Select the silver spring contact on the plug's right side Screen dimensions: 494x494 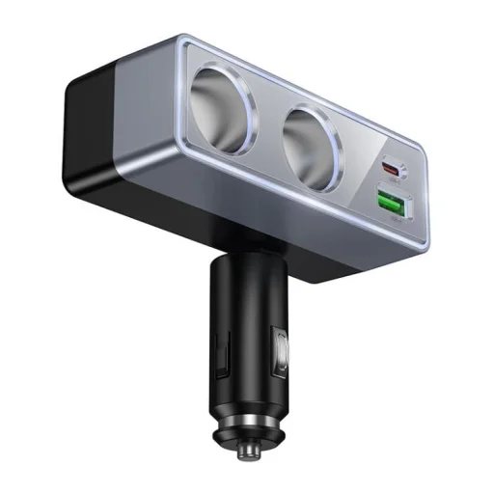coord(281,352)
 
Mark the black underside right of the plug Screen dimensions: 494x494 coord(318,270)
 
